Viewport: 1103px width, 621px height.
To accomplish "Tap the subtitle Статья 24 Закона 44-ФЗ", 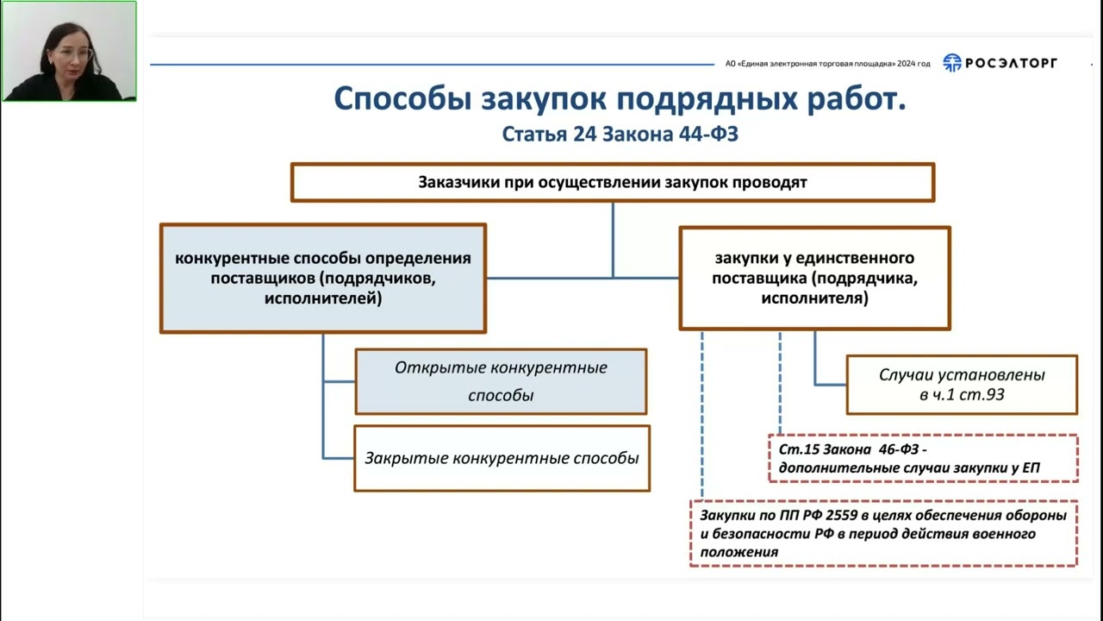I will pyautogui.click(x=620, y=135).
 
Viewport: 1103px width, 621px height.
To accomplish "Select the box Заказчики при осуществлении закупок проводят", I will pyautogui.click(x=612, y=183).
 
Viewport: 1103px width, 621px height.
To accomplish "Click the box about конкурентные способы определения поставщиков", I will pyautogui.click(x=323, y=279).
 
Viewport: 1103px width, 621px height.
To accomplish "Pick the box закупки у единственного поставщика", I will pyautogui.click(x=814, y=279).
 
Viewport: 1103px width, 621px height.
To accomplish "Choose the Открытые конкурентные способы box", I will pyautogui.click(x=501, y=381).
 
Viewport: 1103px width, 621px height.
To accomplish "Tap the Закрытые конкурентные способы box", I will pyautogui.click(x=502, y=458).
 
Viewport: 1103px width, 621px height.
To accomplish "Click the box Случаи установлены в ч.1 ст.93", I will pyautogui.click(x=962, y=385).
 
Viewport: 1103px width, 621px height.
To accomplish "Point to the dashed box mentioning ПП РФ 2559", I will pyautogui.click(x=883, y=534).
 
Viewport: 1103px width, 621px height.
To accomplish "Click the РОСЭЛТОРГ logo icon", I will pyautogui.click(x=951, y=63).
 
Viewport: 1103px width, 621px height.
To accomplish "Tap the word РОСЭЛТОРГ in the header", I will pyautogui.click(x=1011, y=63).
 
